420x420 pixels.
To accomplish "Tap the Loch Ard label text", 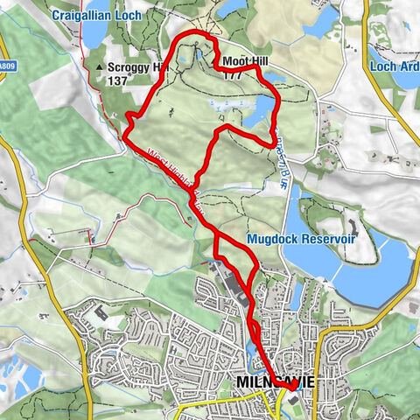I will click(394, 66).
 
